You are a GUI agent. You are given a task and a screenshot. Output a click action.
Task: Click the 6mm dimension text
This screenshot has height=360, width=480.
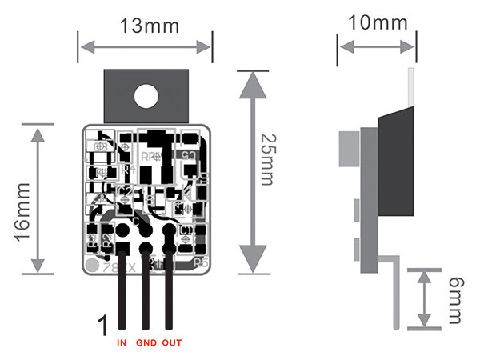(454, 299)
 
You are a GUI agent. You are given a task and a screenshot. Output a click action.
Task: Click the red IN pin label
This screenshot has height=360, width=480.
(122, 343)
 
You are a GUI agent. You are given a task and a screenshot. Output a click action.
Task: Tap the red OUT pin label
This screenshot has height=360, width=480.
(171, 343)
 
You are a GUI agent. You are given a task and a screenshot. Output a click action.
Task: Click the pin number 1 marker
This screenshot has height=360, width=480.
(102, 326)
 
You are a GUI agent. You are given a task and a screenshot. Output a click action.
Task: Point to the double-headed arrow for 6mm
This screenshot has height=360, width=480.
(422, 299)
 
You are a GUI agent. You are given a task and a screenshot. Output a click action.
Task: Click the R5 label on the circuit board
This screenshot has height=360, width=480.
(202, 262)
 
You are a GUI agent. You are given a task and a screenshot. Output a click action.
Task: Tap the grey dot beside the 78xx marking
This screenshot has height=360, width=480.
(92, 263)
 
